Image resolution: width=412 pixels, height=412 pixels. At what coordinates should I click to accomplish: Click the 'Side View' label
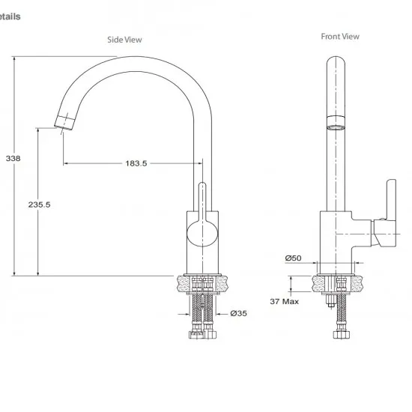tap(124, 40)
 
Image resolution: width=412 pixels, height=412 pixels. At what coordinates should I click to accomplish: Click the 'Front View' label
tap(340, 36)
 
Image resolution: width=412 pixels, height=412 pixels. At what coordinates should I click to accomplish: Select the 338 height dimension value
tap(13, 159)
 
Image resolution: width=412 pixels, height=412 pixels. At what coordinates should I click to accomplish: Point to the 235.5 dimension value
tap(38, 205)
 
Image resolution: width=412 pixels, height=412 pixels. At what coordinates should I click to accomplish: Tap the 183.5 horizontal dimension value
tap(136, 163)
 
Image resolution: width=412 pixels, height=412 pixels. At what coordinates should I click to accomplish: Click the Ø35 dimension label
tap(238, 313)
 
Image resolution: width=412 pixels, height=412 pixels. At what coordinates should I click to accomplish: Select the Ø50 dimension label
tap(293, 258)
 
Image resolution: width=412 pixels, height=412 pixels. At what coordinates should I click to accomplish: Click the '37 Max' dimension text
tap(285, 302)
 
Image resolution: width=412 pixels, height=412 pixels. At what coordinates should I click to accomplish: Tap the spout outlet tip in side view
tap(63, 122)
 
